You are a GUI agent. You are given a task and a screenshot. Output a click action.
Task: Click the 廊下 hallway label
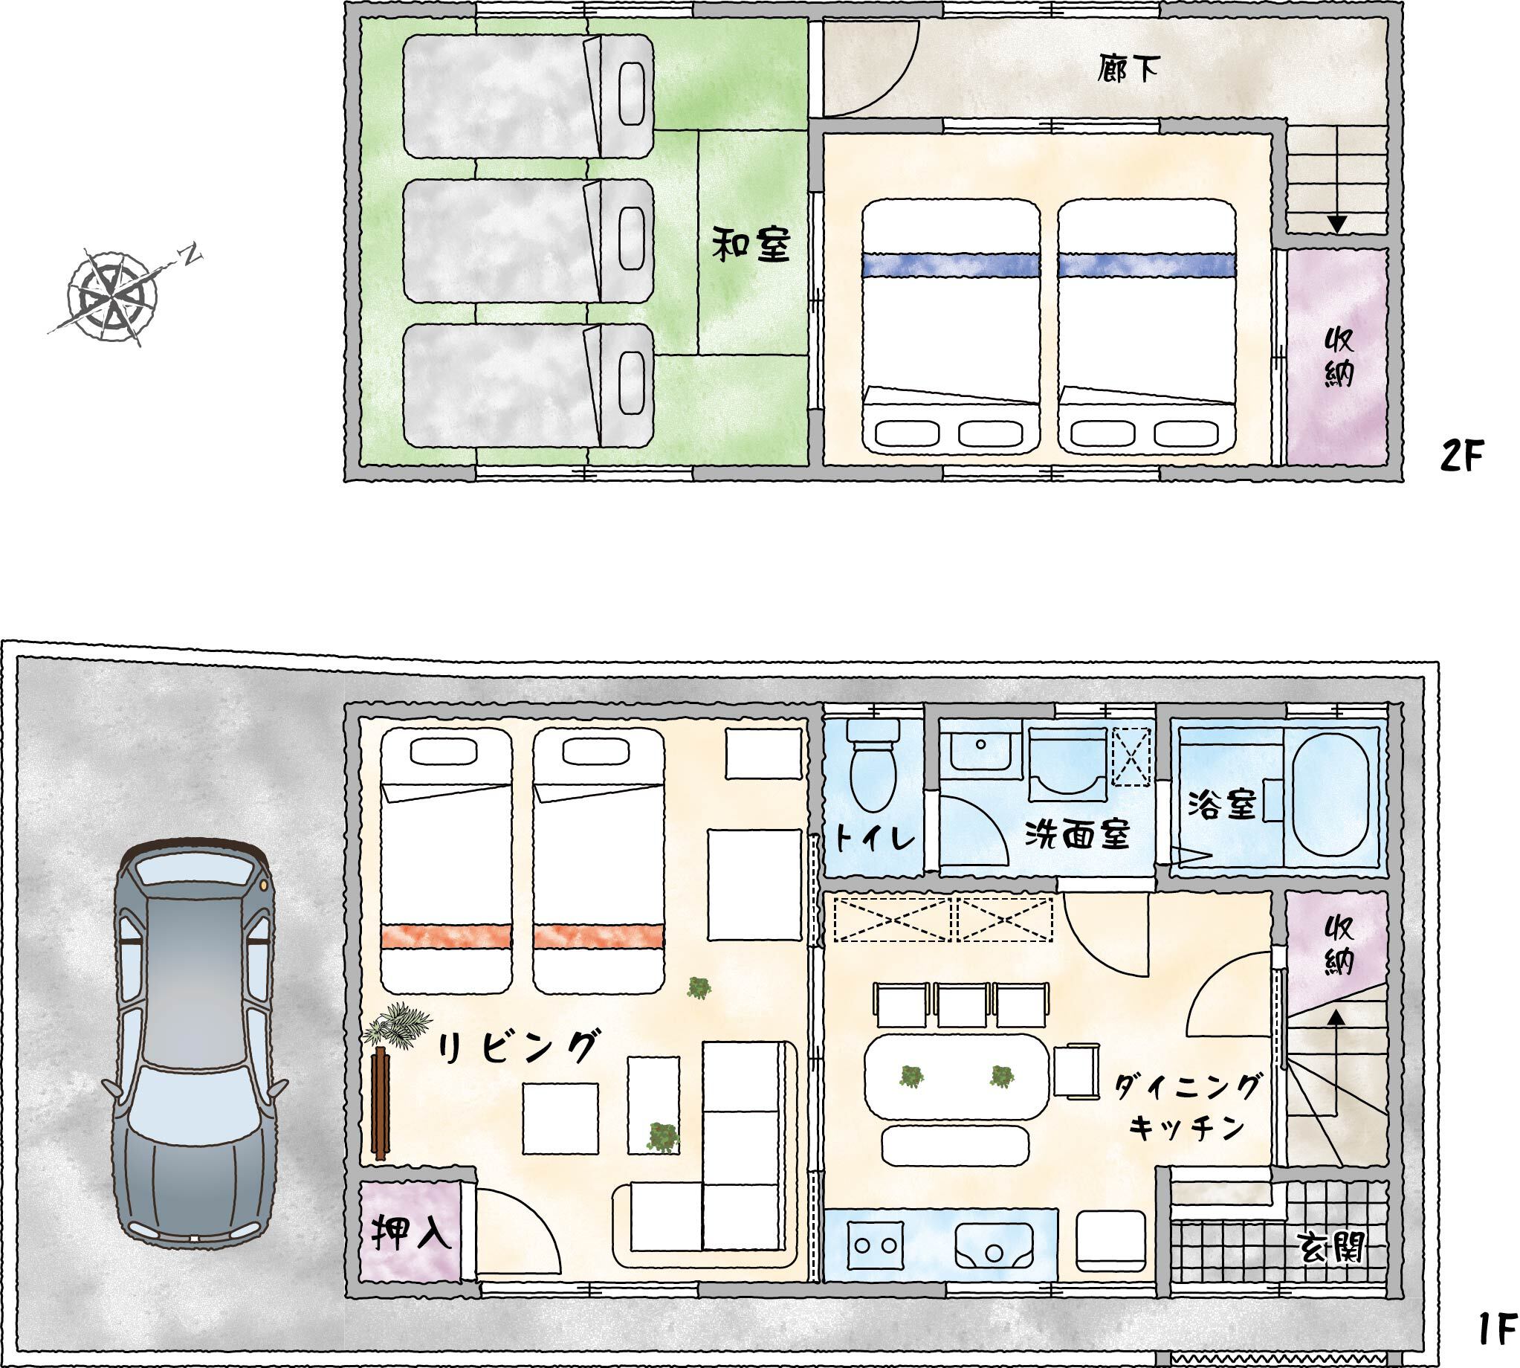[x=1126, y=70]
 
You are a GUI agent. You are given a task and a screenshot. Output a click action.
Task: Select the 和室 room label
[x=751, y=246]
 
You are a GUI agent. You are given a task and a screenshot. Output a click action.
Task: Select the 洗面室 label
[x=1078, y=835]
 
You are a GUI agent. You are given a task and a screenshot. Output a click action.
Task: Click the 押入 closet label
[x=410, y=1233]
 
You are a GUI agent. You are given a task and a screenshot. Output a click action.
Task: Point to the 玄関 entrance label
[x=1331, y=1250]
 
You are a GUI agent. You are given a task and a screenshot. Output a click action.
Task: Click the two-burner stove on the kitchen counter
[x=876, y=1245]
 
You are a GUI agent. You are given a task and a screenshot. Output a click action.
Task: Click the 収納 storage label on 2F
[x=1338, y=357]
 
